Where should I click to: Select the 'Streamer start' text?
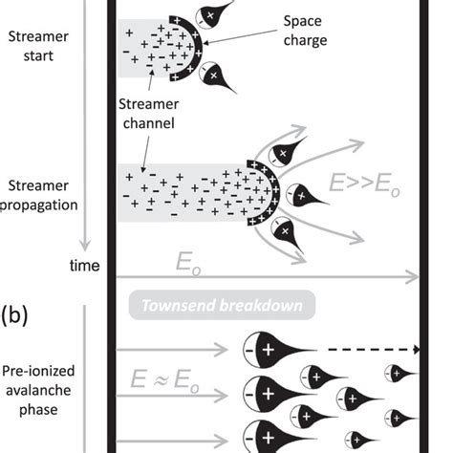[x=35, y=45]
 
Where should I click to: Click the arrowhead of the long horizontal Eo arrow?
[x=413, y=277]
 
